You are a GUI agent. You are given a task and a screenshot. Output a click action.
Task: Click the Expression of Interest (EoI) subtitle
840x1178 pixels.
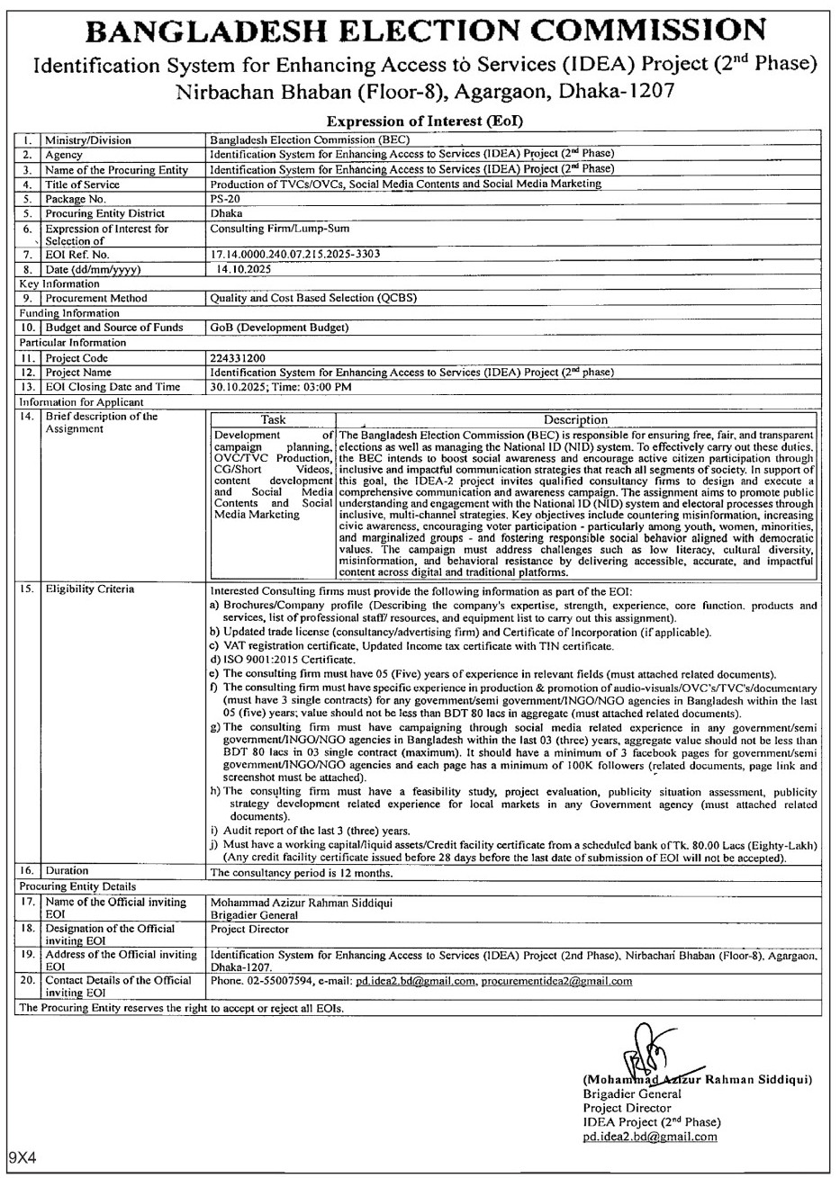pos(419,121)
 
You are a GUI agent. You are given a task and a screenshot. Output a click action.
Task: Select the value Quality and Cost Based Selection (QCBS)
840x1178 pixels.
pos(312,298)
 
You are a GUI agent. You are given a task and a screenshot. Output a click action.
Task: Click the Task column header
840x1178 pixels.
pos(272,419)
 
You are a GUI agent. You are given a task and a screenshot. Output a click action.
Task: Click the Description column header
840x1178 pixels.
pos(576,419)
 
